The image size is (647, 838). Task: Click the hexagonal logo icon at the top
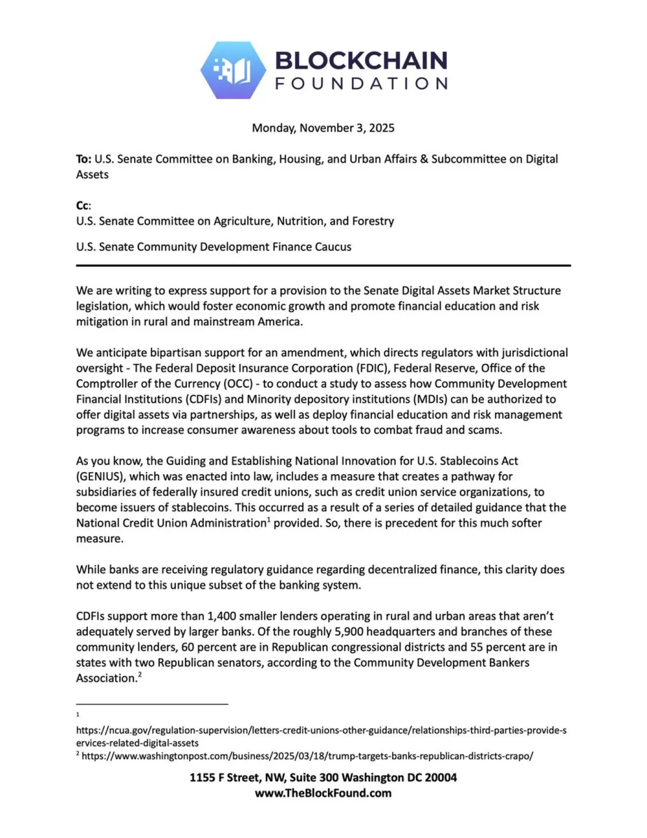233,70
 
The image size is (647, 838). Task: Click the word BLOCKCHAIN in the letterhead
361,61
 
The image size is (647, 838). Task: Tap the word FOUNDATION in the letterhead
361,83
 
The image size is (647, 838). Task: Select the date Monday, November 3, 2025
323,128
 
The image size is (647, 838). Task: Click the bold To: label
84,159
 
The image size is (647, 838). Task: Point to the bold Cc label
82,205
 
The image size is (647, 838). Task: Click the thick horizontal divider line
323,265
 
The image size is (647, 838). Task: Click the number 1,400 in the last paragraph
221,616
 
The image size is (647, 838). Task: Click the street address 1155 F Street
224,778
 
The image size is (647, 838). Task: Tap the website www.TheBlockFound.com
323,793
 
